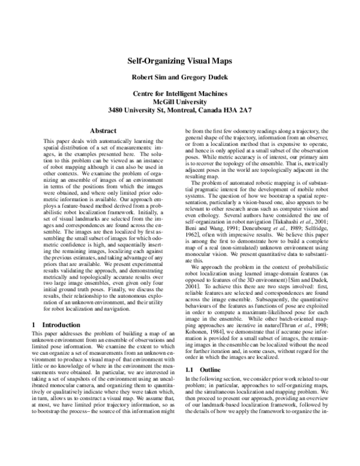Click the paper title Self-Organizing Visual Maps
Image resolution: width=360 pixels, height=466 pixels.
pyautogui.click(x=179, y=61)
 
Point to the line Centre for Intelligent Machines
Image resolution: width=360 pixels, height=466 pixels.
pyautogui.click(x=179, y=94)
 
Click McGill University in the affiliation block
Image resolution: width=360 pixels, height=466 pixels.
pyautogui.click(x=179, y=102)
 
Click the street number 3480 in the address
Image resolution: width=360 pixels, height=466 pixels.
pyautogui.click(x=118, y=110)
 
